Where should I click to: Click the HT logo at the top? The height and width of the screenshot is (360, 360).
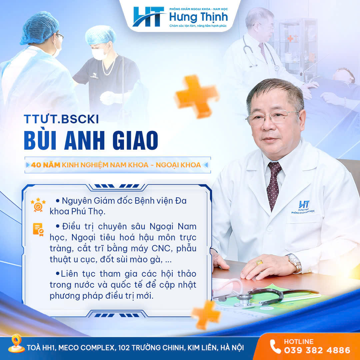coord(149,17)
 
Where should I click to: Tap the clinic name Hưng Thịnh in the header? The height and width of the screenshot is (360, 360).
coord(198,17)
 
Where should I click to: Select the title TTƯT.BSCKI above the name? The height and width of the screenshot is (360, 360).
coord(61,119)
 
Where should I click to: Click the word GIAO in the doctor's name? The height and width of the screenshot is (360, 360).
coord(135,140)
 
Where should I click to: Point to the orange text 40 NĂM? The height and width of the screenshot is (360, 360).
coord(46,165)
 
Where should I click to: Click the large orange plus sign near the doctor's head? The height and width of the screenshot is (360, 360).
coord(197,96)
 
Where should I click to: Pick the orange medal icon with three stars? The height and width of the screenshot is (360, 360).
coord(38,205)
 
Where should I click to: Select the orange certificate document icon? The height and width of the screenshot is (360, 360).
coord(38,229)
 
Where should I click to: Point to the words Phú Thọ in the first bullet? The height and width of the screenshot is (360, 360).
coord(88,212)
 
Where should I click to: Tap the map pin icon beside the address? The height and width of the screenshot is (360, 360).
coord(16,344)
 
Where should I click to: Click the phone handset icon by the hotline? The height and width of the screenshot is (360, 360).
coord(275,346)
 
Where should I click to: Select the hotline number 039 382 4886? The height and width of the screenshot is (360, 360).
coord(317,350)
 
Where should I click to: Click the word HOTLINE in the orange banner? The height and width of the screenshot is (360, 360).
coord(299,341)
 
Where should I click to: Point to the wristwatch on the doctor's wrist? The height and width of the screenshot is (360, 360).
coord(295,263)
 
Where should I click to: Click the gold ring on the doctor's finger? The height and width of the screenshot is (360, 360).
coord(259,262)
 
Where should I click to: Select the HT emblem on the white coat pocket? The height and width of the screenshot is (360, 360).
coord(303,207)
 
